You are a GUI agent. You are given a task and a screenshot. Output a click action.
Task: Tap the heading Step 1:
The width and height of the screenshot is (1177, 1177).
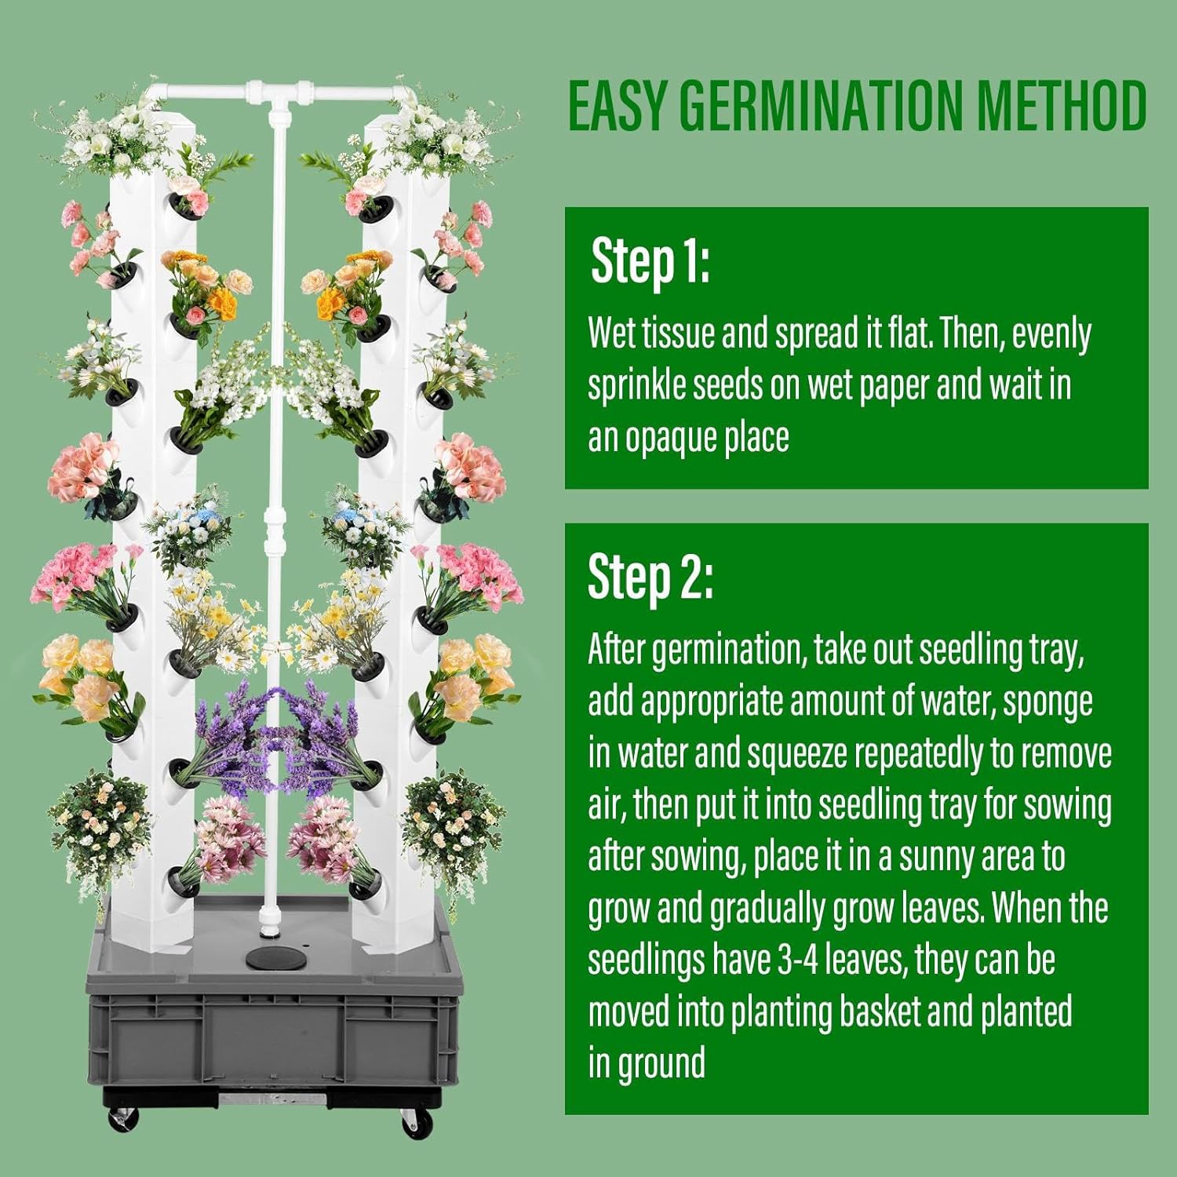(x=650, y=261)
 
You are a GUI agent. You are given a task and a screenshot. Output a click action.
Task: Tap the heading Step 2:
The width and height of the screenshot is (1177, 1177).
(x=650, y=578)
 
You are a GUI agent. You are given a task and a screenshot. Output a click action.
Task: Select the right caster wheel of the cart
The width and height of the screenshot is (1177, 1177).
(x=414, y=1124)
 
